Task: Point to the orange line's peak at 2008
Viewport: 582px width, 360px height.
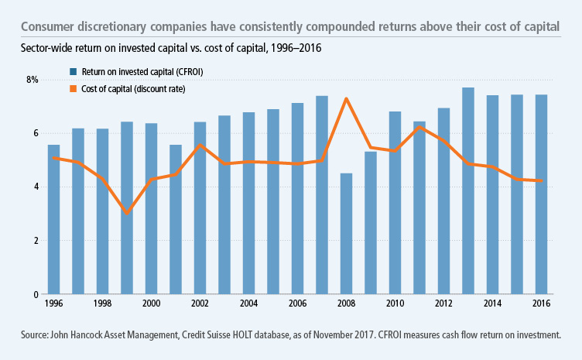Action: (347, 98)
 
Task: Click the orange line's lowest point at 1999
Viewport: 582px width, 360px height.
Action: (127, 213)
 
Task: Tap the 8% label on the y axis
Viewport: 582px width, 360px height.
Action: (32, 80)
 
